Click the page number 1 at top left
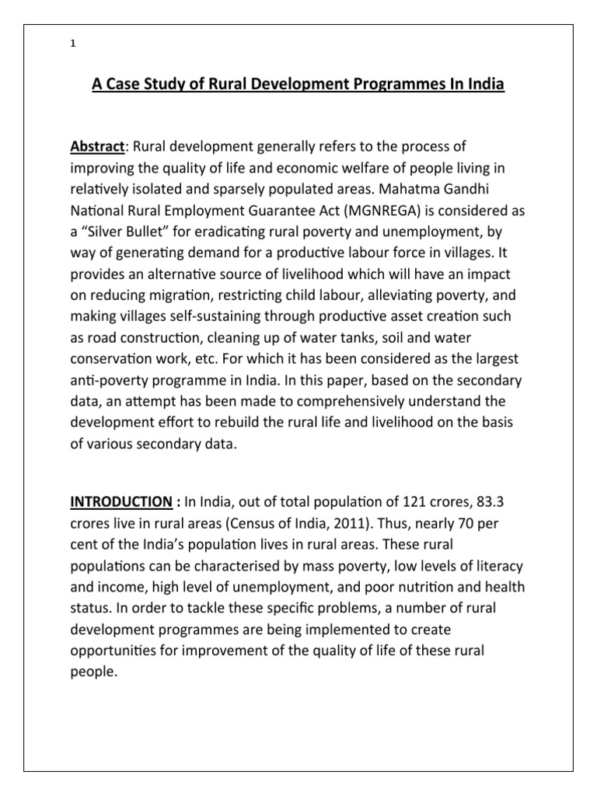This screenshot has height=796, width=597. (x=72, y=44)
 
